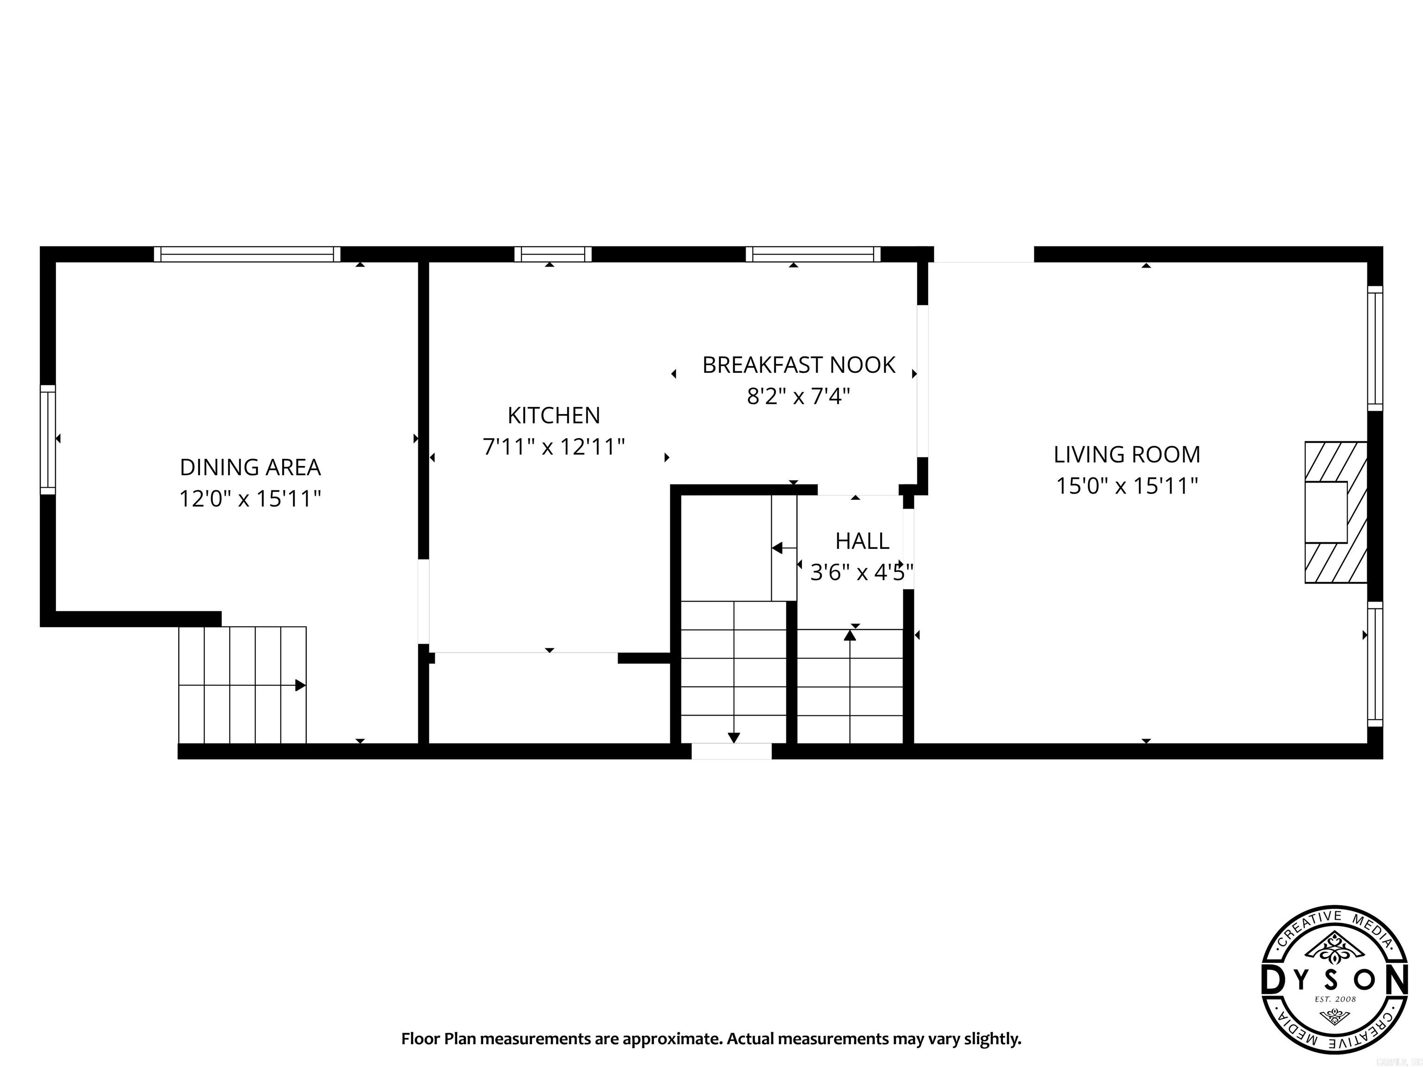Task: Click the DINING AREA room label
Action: tap(250, 467)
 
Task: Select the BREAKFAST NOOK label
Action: tap(798, 364)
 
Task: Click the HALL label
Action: tap(862, 541)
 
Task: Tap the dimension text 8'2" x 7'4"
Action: tap(798, 396)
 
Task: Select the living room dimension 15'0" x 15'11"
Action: tap(1127, 486)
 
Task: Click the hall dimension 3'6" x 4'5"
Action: tap(861, 572)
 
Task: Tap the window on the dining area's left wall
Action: tap(48, 439)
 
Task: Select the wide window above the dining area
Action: tap(247, 254)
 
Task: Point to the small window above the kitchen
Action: tap(553, 254)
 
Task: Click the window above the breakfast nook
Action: tap(812, 254)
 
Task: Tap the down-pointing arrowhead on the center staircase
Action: tap(733, 738)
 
